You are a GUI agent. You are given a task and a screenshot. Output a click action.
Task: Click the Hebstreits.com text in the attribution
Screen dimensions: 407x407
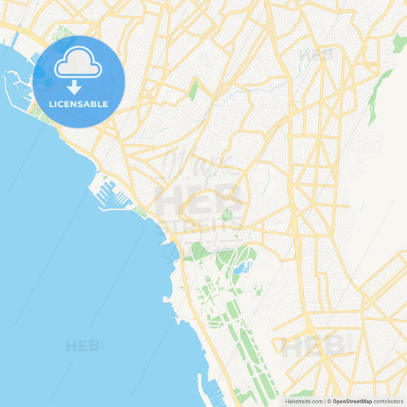click(x=304, y=401)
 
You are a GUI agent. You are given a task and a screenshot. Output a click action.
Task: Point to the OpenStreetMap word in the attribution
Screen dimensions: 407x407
click(x=351, y=401)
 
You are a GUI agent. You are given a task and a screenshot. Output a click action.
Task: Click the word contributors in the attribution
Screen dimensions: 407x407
click(x=389, y=401)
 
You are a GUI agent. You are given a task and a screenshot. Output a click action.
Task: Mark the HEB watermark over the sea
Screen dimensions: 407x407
click(x=84, y=345)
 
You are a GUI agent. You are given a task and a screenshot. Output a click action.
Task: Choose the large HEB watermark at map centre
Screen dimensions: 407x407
click(x=199, y=200)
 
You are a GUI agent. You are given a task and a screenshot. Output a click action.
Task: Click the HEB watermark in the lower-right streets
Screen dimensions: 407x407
click(x=315, y=346)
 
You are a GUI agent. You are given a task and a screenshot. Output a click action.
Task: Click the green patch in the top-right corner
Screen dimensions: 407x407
click(x=399, y=43)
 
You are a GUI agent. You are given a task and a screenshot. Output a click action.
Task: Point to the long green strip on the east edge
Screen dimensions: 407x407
click(x=380, y=95)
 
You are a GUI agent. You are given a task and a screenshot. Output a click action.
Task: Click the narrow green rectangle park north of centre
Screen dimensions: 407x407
click(x=194, y=91)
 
